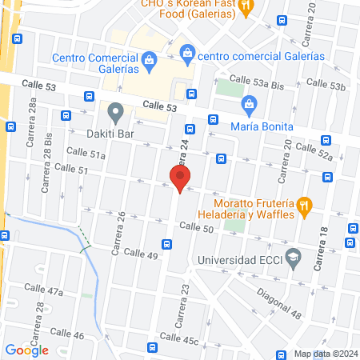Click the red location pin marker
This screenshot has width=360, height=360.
point(179,178)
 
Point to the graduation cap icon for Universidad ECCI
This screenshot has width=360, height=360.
point(294,258)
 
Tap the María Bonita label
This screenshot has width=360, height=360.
point(261,126)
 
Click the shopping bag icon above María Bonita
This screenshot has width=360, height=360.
point(250,103)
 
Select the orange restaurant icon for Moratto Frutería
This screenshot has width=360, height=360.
point(304,206)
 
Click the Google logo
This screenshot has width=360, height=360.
point(26,349)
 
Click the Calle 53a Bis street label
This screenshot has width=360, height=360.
point(257,78)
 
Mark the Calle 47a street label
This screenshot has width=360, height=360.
point(43,290)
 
